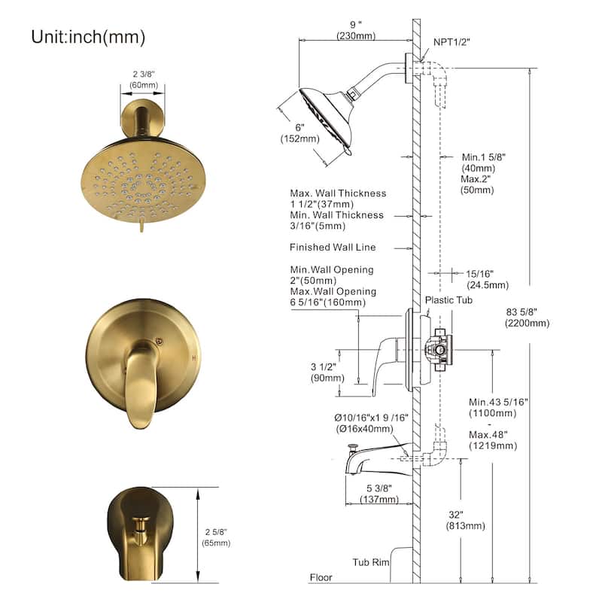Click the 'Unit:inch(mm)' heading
pyautogui.click(x=88, y=37)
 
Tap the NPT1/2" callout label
pyautogui.click(x=451, y=42)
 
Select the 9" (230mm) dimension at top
pyautogui.click(x=356, y=30)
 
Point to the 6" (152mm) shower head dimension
pyautogui.click(x=299, y=133)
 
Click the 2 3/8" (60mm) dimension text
pyautogui.click(x=144, y=80)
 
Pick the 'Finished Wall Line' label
pyautogui.click(x=333, y=248)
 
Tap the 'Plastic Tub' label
pyautogui.click(x=448, y=299)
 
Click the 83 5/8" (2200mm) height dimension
pyautogui.click(x=528, y=318)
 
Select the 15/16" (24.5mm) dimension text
pyautogui.click(x=488, y=279)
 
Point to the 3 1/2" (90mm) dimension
pyautogui.click(x=327, y=372)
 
